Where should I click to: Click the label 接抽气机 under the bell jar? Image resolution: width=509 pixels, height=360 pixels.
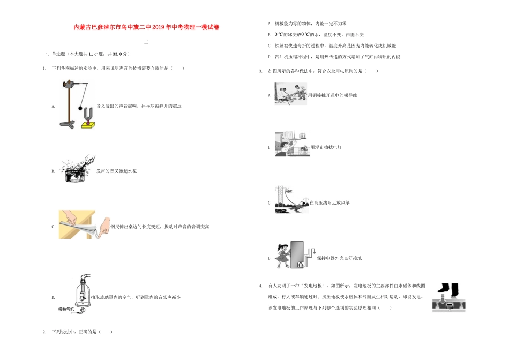(68, 310)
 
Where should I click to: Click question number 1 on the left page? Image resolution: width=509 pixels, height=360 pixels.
(44, 68)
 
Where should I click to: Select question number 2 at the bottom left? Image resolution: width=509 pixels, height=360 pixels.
(44, 332)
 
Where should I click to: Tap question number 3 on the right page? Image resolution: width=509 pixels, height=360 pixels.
(260, 71)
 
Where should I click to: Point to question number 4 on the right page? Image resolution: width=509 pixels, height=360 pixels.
(260, 286)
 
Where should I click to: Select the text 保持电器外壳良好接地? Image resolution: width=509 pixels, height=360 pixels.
(339, 258)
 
